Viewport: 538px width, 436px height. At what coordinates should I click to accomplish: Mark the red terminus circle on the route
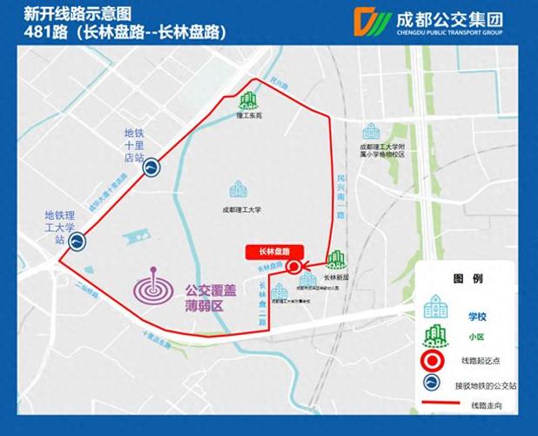click(x=294, y=267)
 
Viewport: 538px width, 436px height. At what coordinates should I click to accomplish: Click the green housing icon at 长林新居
click(x=336, y=260)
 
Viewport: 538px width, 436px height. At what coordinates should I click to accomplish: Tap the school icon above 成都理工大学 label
click(x=238, y=189)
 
